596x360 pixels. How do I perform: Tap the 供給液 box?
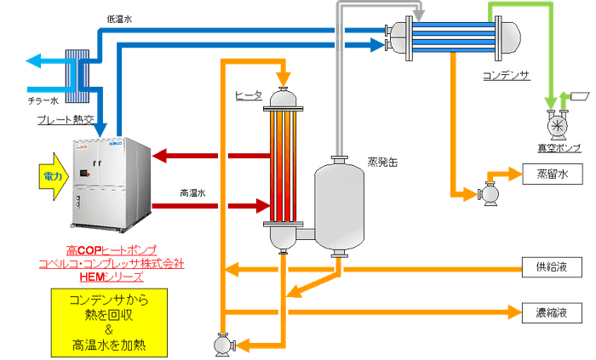coord(546,269)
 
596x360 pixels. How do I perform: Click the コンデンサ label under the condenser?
coord(507,75)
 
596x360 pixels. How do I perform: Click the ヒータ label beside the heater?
coord(246,96)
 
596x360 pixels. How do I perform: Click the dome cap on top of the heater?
coord(283,100)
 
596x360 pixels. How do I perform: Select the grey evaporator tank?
coord(340,203)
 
